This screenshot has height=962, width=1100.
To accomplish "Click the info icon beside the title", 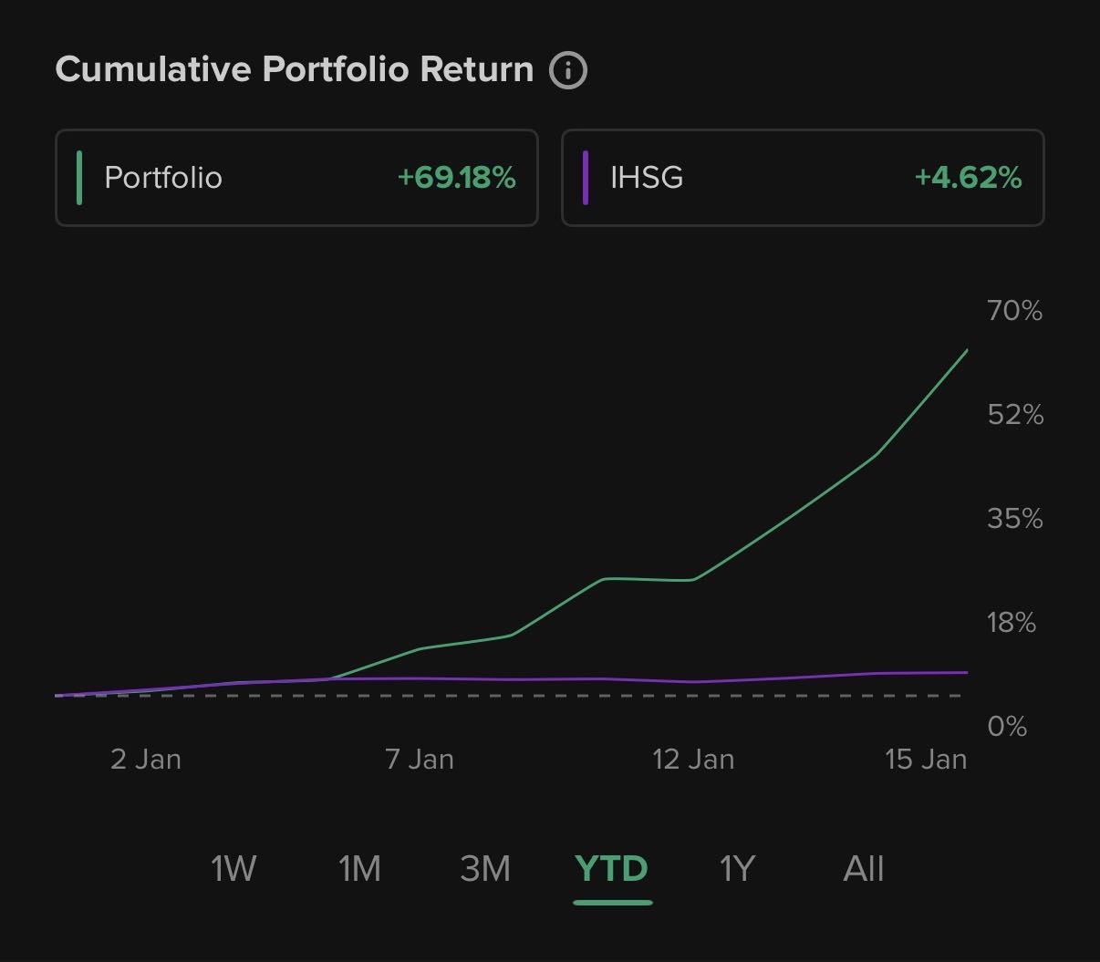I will (x=567, y=70).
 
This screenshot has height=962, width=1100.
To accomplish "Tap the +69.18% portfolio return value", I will (x=456, y=177).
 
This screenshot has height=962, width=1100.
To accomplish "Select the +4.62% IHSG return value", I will (x=968, y=177).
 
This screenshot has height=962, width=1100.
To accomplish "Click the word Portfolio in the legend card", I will (x=163, y=177).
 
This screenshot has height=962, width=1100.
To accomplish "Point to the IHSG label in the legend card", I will (x=647, y=177).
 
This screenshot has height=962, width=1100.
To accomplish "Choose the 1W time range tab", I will (x=233, y=869).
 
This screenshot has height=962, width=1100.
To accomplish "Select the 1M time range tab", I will (x=359, y=869).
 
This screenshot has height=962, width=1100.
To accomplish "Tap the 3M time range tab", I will (x=485, y=869).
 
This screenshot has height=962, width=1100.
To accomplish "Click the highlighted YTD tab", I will (x=611, y=869).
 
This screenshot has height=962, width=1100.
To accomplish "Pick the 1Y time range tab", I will (x=737, y=869).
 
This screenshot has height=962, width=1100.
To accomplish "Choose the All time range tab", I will (x=863, y=869).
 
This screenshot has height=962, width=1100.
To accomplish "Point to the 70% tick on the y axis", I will (x=1014, y=311).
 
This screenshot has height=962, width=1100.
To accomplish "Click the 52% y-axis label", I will (x=1014, y=415).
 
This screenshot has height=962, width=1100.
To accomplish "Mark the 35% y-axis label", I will (x=1014, y=519).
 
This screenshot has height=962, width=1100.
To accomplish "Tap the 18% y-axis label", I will (x=1012, y=623).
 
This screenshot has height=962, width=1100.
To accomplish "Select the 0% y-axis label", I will (x=1007, y=727).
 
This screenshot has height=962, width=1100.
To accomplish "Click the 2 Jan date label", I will (x=146, y=760).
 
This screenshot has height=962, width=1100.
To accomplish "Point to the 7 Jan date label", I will (x=420, y=760).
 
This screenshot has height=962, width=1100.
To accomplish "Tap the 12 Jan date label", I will (x=693, y=760).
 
